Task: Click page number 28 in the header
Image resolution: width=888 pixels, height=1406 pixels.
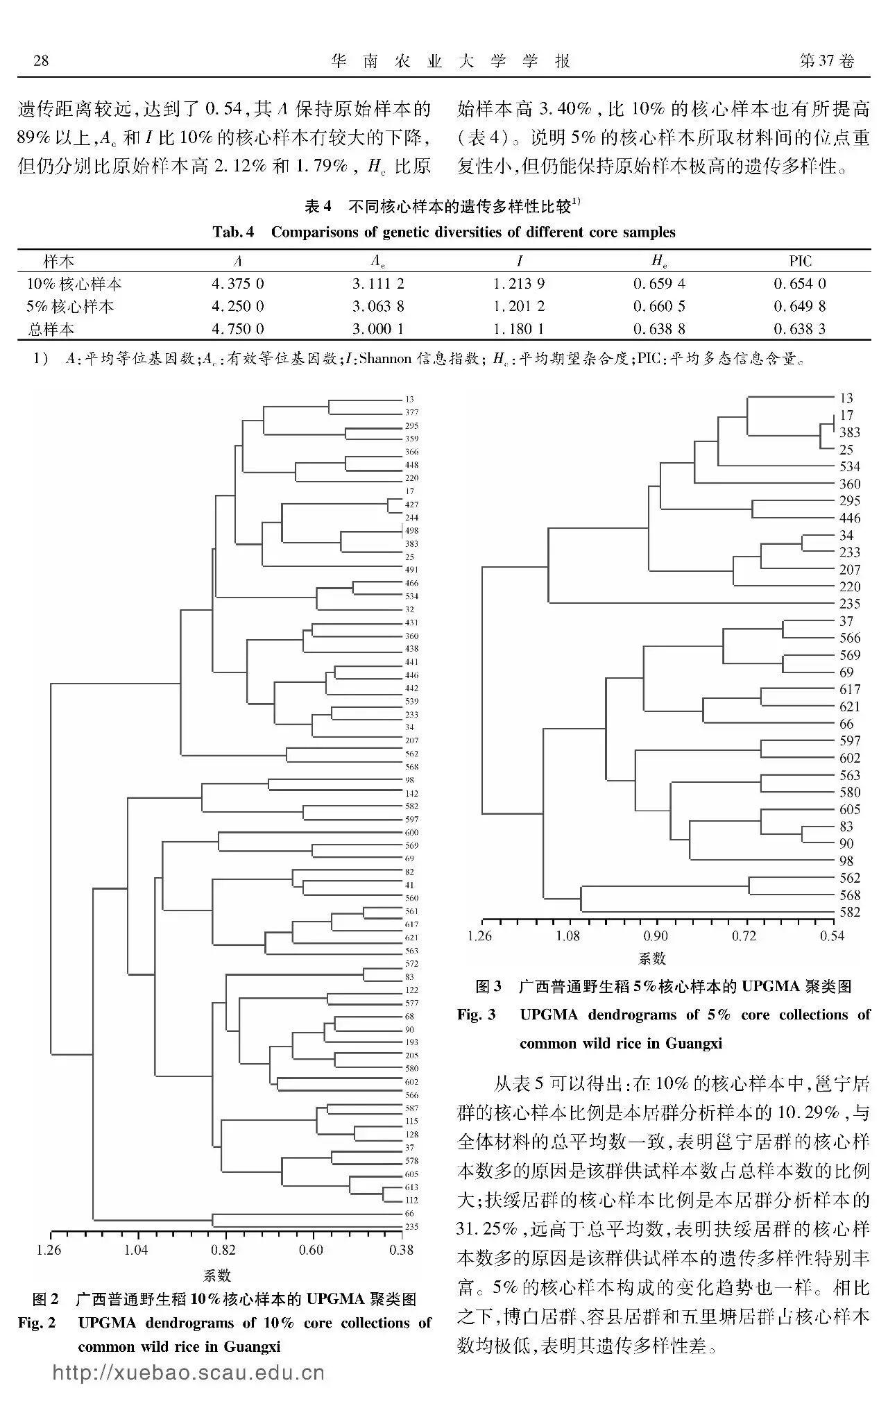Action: (x=41, y=61)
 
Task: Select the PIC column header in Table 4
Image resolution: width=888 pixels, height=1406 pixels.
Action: (x=800, y=261)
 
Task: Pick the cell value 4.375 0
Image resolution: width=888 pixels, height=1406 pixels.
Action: (x=237, y=284)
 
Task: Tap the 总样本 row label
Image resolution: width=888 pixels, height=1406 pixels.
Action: (x=51, y=329)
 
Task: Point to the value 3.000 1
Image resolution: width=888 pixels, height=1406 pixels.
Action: (x=378, y=329)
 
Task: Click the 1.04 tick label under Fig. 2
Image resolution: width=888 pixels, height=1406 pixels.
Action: (x=136, y=1250)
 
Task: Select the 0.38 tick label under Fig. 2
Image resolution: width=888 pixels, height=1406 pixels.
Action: (x=401, y=1250)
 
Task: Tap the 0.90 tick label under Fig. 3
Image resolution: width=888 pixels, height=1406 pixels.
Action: (x=656, y=935)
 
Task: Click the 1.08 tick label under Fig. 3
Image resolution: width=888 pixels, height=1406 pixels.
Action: (x=567, y=935)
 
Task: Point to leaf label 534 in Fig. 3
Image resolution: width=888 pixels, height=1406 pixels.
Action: (x=850, y=466)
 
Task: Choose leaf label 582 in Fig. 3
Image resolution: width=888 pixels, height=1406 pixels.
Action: (x=850, y=913)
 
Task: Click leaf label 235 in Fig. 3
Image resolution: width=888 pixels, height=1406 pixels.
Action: (x=850, y=604)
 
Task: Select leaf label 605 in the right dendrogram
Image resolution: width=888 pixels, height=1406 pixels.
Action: (x=850, y=810)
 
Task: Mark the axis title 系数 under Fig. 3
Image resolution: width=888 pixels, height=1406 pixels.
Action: (x=652, y=959)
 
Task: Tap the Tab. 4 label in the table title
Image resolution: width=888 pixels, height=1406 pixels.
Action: (x=234, y=232)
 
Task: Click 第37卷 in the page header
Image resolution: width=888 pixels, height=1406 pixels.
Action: (x=827, y=61)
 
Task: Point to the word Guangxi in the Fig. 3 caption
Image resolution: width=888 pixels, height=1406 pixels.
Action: (x=694, y=1043)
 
